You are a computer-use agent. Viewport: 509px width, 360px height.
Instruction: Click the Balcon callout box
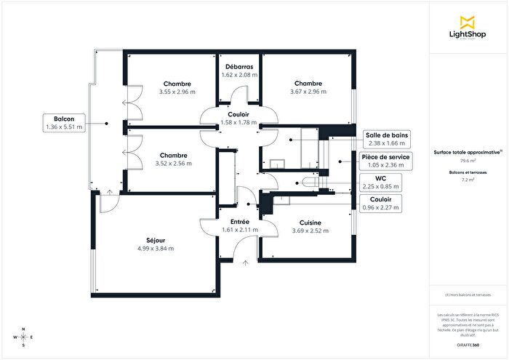(x=64, y=122)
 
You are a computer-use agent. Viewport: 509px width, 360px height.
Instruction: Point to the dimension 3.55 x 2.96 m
(x=177, y=92)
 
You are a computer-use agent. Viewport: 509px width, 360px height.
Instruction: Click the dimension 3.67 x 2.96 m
(x=308, y=92)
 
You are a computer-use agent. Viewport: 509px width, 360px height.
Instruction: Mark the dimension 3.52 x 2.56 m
(x=175, y=164)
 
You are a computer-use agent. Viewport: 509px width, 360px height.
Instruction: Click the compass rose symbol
(x=23, y=338)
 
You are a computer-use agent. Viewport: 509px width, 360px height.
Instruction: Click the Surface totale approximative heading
(x=468, y=153)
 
